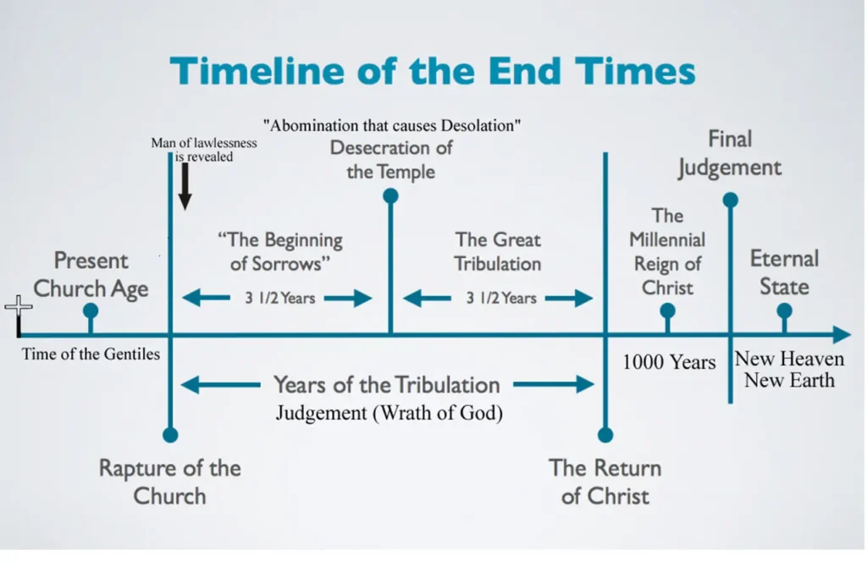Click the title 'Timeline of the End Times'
[433, 71]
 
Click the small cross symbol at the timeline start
[18, 307]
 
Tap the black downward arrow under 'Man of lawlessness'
[185, 187]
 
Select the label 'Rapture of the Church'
[169, 481]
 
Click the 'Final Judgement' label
[729, 153]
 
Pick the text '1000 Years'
[669, 362]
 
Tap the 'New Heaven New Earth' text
[789, 369]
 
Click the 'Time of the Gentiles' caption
[91, 354]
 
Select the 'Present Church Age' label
[91, 274]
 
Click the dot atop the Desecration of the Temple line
[390, 196]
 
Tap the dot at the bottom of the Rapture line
[170, 435]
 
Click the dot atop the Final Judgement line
[730, 200]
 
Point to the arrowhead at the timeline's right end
[842, 335]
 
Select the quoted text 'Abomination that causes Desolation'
[391, 126]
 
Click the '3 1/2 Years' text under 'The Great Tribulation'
[500, 298]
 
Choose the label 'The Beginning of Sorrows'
[285, 251]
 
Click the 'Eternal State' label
[784, 272]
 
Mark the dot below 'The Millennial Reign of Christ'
[667, 310]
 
